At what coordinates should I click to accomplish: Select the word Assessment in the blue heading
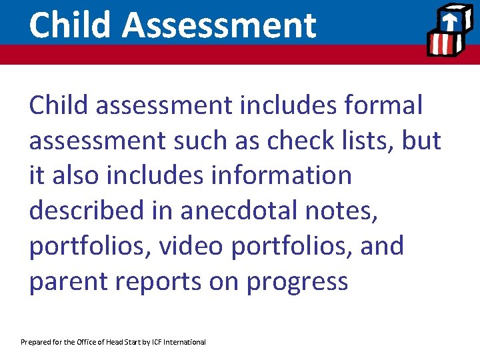(x=219, y=25)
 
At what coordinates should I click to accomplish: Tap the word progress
(x=297, y=281)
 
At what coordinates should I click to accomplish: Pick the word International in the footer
(x=186, y=342)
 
